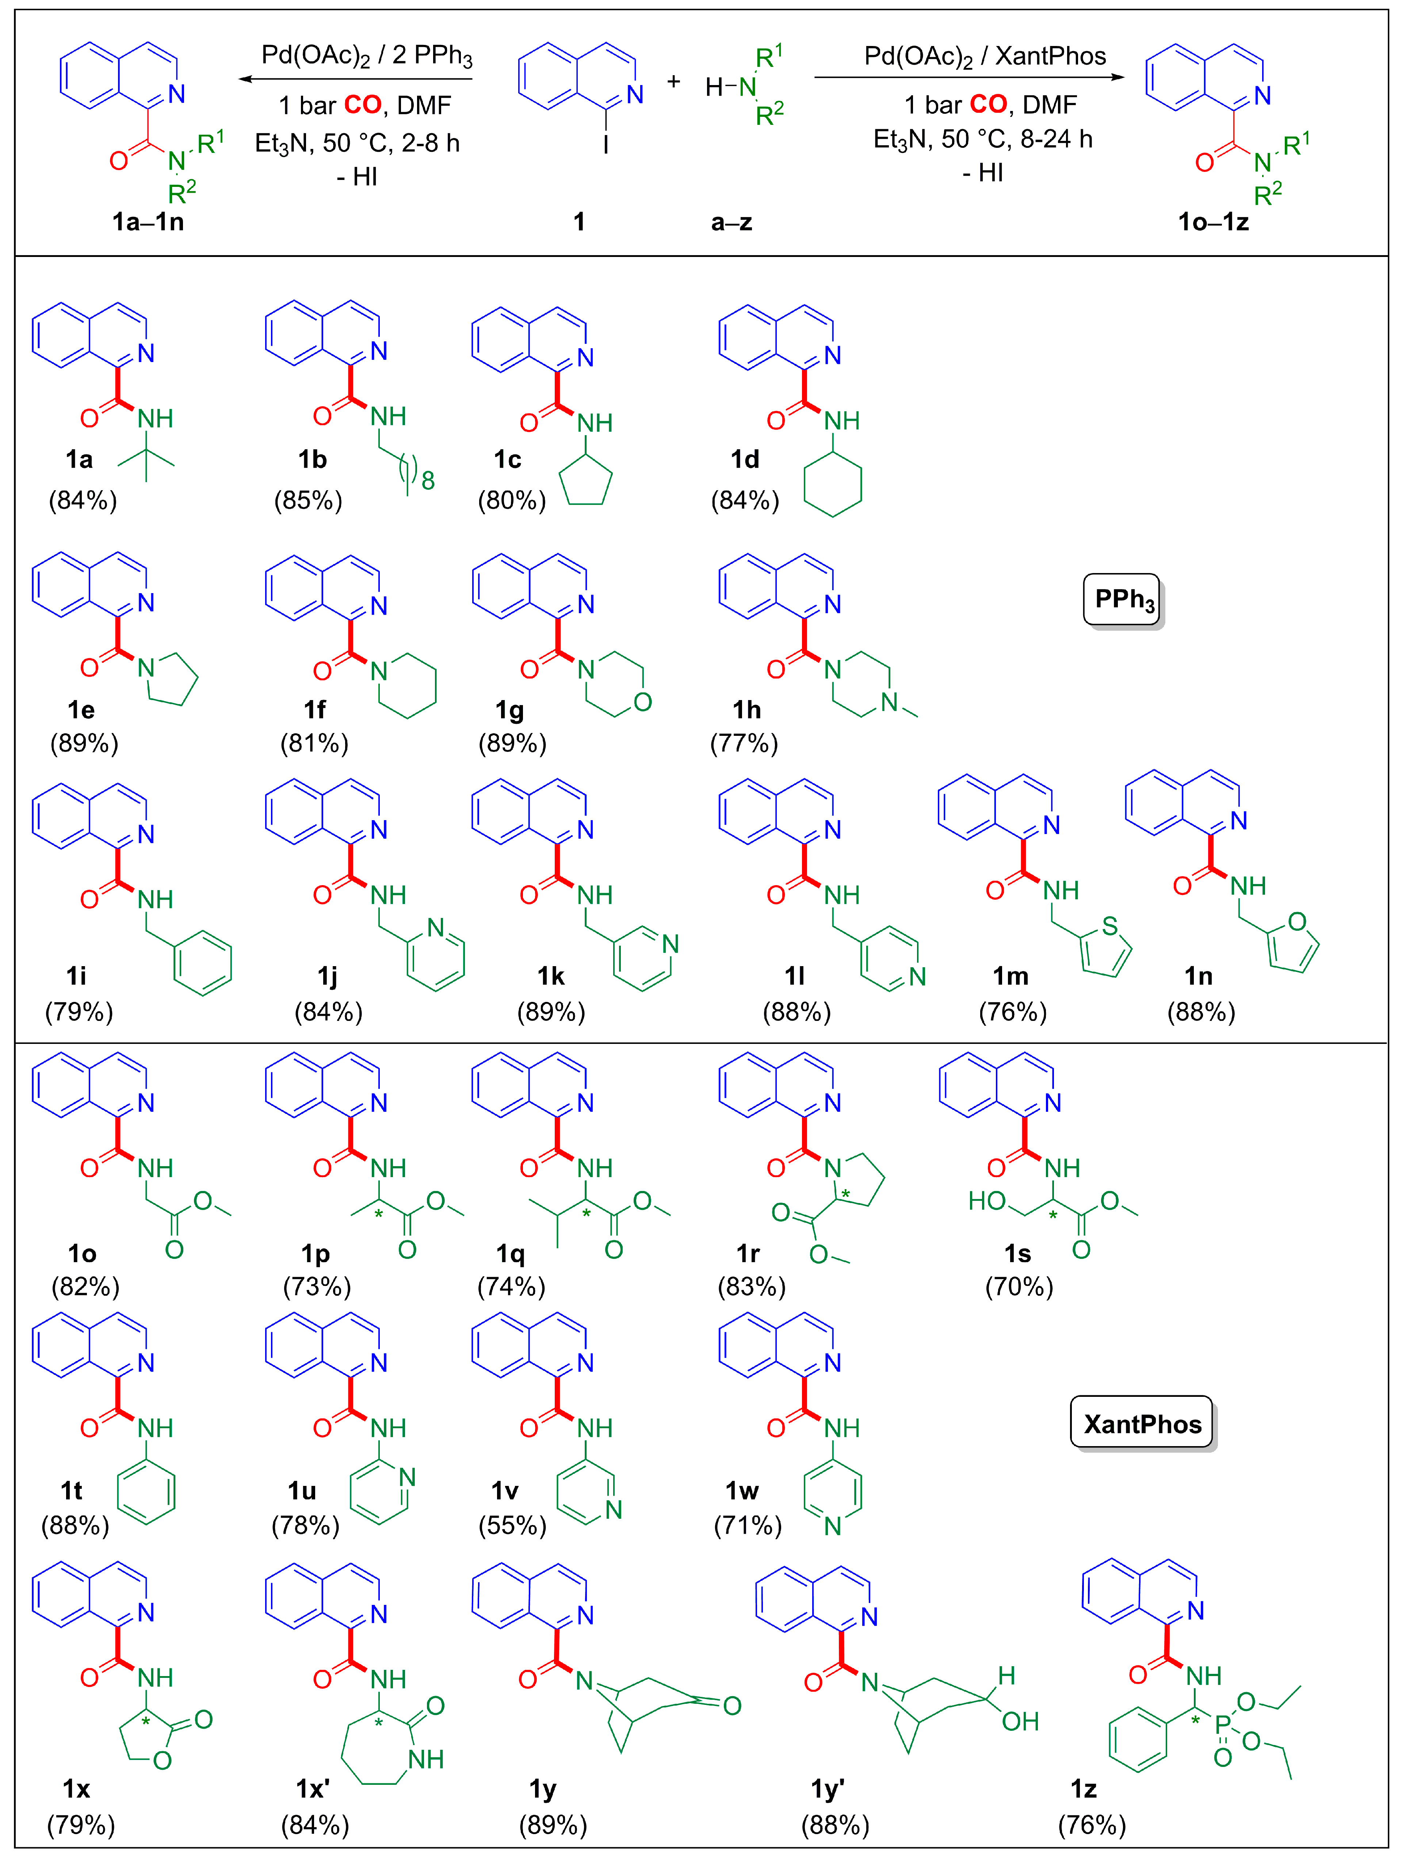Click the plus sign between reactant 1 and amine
pyautogui.click(x=673, y=81)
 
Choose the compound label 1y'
pyautogui.click(x=828, y=1790)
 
